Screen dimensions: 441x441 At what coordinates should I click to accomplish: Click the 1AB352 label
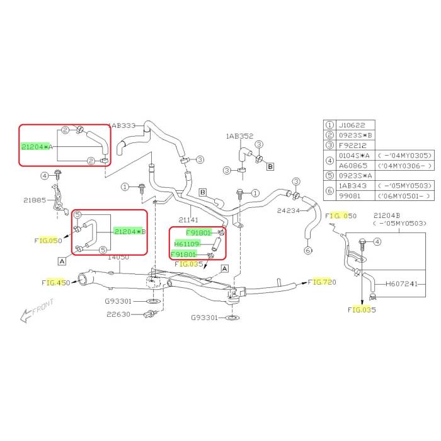coord(239,135)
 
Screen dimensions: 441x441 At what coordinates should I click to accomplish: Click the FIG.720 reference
coord(323,281)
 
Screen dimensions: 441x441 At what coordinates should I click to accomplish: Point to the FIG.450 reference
coord(56,283)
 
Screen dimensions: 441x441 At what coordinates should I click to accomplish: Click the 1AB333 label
coord(123,125)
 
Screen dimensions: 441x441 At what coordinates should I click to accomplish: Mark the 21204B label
coord(391,215)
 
